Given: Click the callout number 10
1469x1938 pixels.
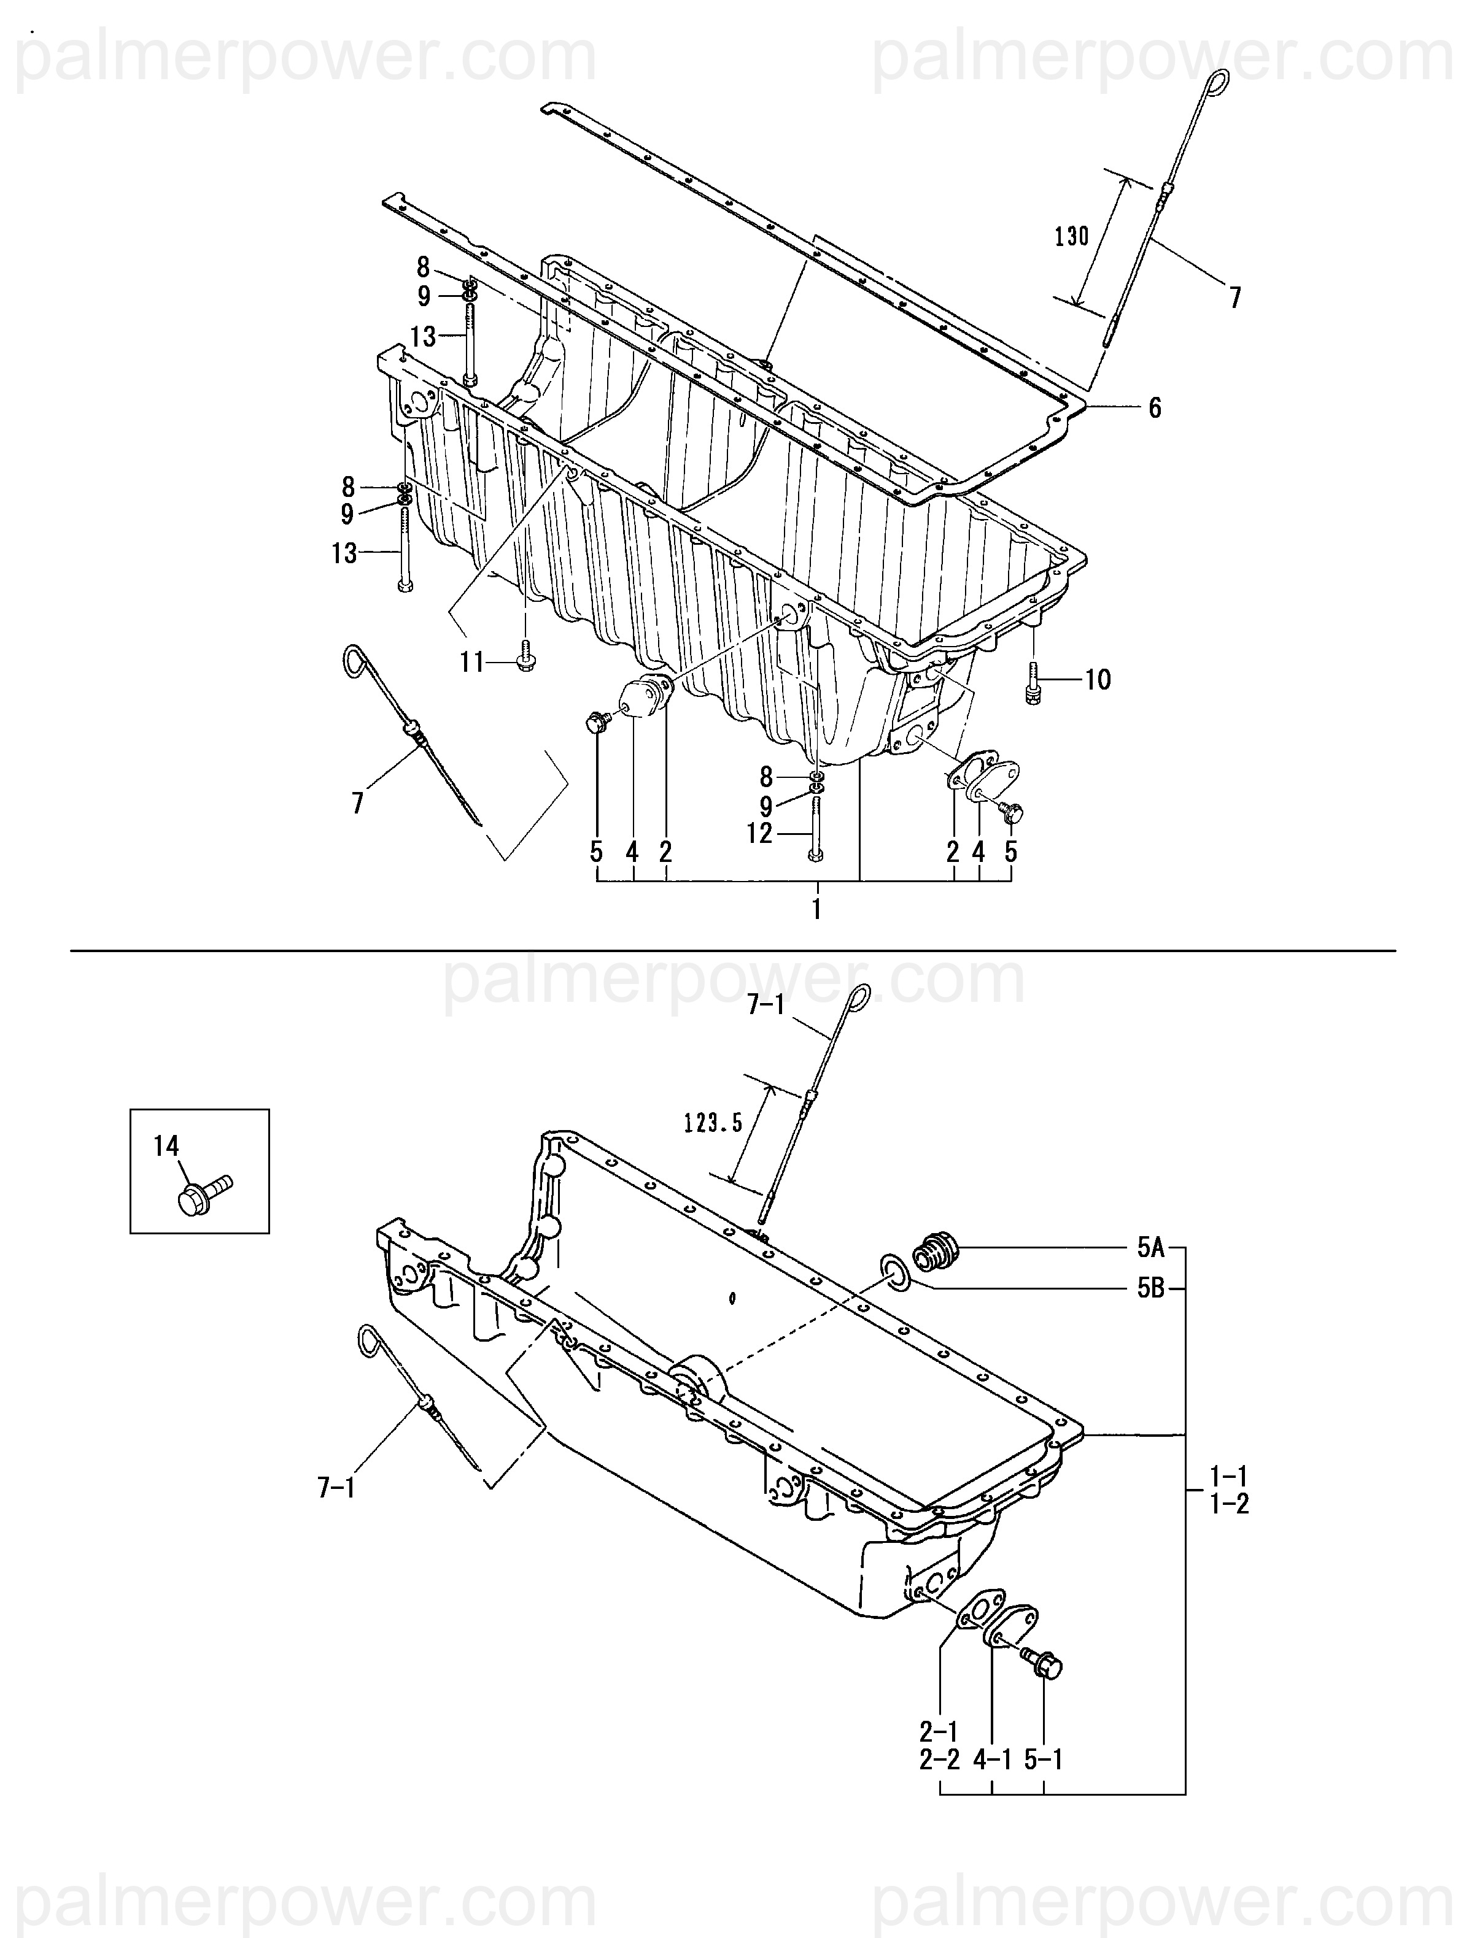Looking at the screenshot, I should pos(1098,680).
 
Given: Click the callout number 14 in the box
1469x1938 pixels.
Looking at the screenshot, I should pos(166,1145).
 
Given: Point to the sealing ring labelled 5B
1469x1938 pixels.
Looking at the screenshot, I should pos(895,1274).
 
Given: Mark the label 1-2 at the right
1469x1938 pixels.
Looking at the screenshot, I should pos(1230,1504).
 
